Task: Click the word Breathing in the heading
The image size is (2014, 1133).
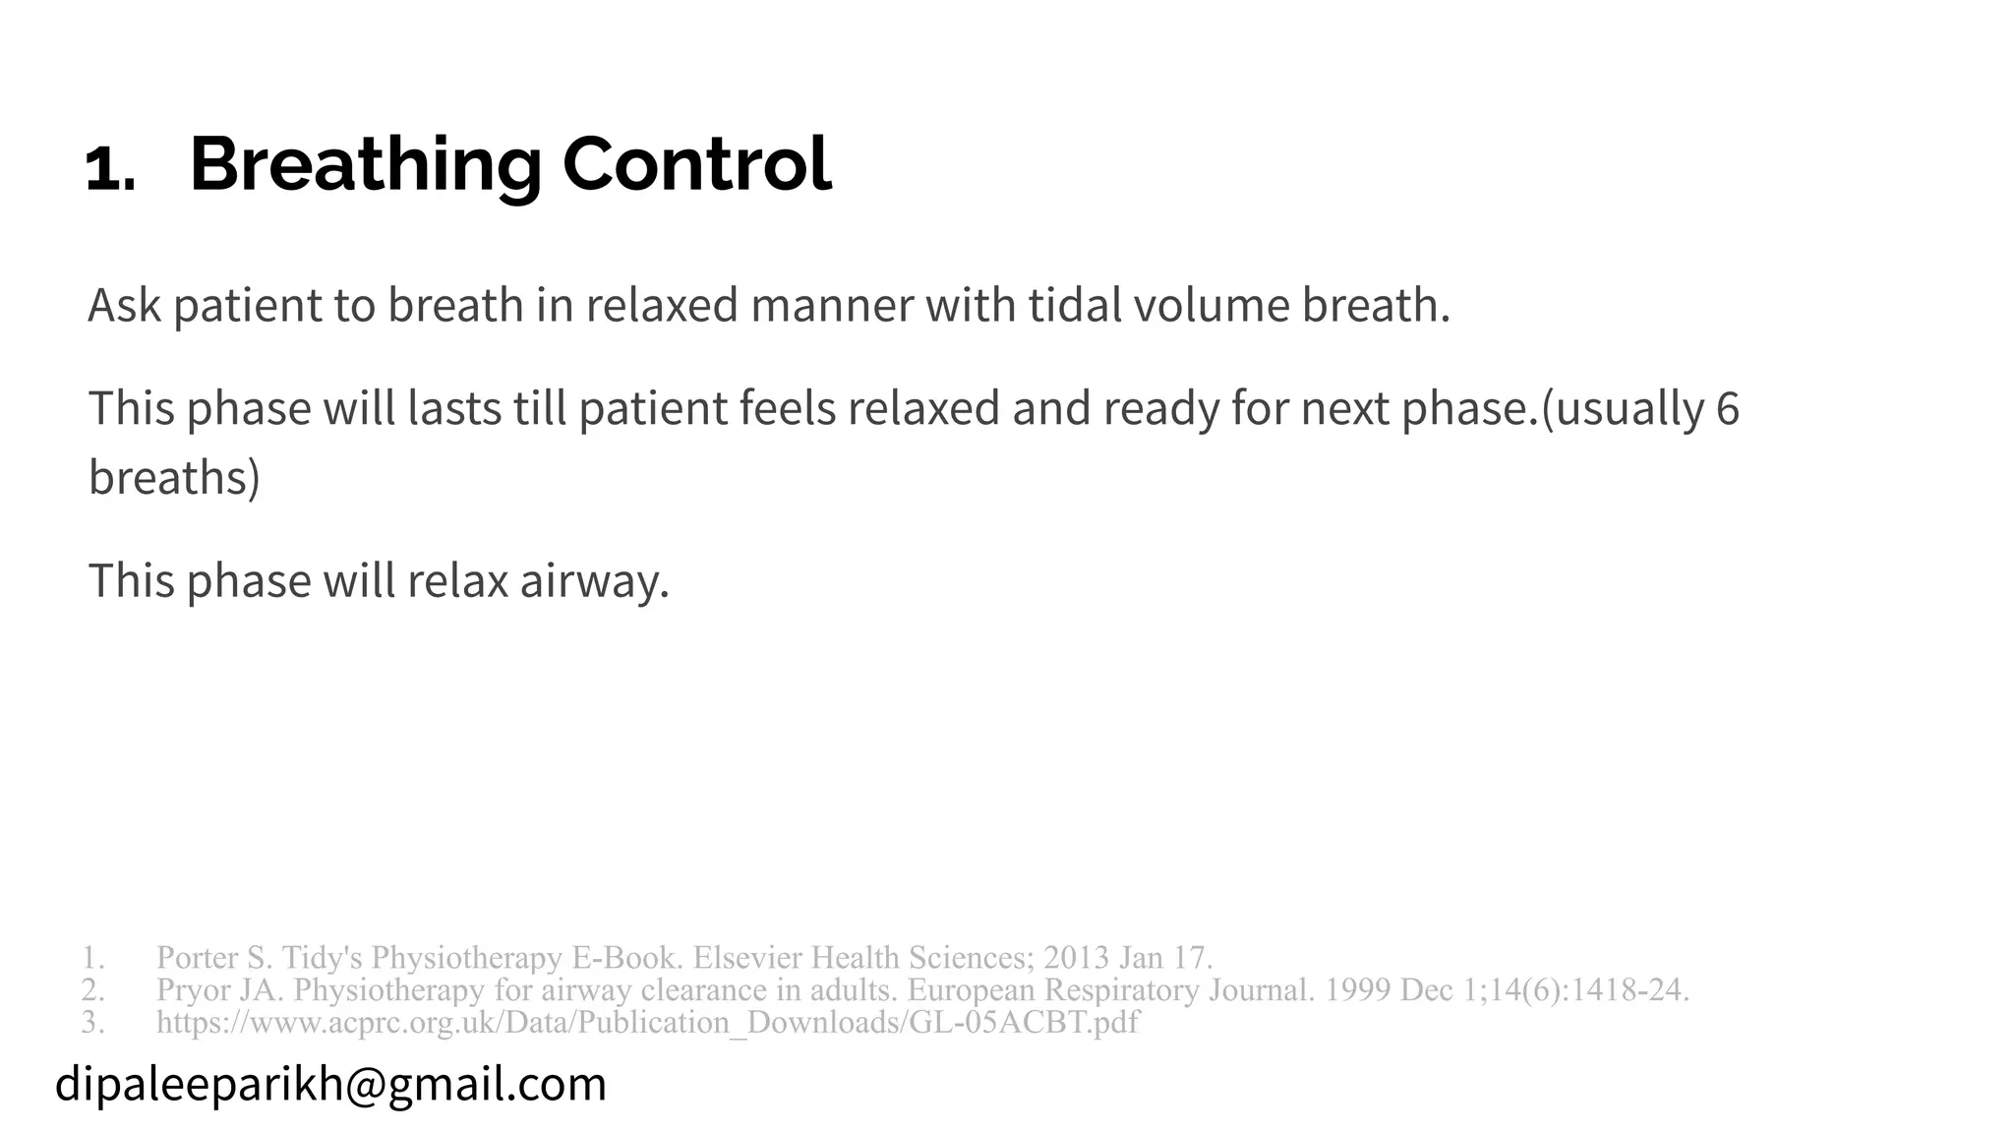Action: click(x=365, y=164)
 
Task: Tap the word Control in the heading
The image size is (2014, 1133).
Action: click(x=696, y=164)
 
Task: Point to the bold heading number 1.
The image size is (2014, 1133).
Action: click(x=110, y=169)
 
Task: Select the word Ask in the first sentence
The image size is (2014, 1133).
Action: click(x=124, y=305)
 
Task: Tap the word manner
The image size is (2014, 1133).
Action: click(x=832, y=305)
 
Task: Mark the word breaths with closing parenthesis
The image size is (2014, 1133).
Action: click(x=174, y=477)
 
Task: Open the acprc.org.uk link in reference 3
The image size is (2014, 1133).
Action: click(x=647, y=1023)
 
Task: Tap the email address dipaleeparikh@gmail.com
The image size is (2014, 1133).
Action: click(x=331, y=1084)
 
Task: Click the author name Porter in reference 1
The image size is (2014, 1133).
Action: click(x=197, y=957)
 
